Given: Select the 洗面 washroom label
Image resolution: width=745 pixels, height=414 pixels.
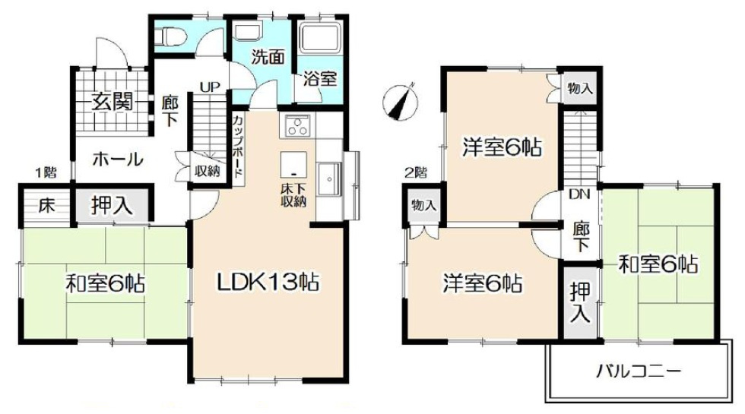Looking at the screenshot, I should (268, 57).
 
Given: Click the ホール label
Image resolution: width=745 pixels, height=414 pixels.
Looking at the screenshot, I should (118, 160).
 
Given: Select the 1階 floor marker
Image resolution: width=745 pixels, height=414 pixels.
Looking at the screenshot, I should (46, 172).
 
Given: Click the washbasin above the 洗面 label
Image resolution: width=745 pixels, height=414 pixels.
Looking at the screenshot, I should (246, 32).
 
